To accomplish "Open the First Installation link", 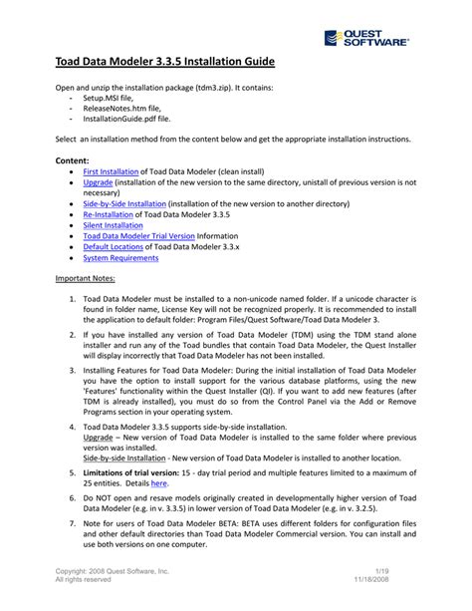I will pyautogui.click(x=109, y=172).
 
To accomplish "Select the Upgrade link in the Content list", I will pyautogui.click(x=98, y=184).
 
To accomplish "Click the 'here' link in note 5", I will pyautogui.click(x=158, y=481).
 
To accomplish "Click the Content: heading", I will pyautogui.click(x=73, y=159).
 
